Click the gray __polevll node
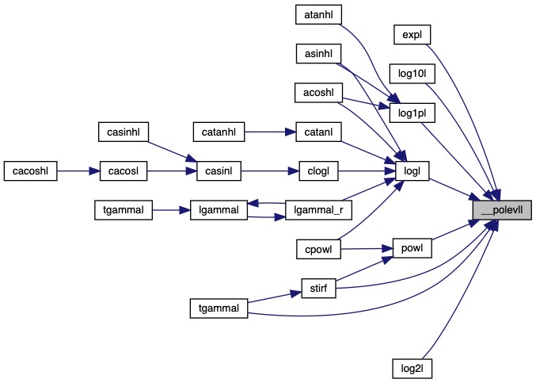coord(501,209)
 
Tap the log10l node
coord(412,75)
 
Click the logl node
coord(412,170)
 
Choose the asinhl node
coord(317,54)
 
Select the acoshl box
coord(317,92)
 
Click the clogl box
coord(317,170)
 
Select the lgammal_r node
coord(317,209)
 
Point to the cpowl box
coord(317,249)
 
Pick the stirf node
coord(317,288)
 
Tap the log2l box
coord(412,368)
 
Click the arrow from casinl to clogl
coord(269,170)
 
